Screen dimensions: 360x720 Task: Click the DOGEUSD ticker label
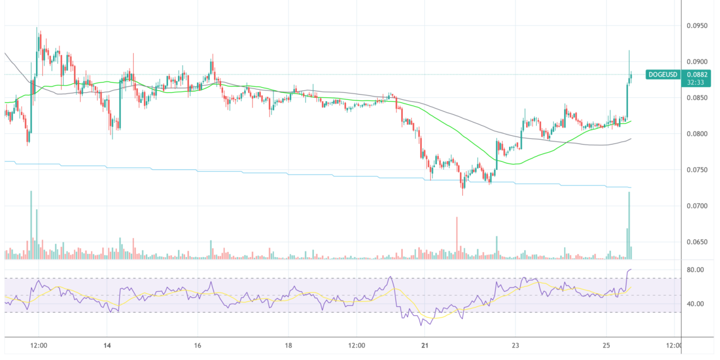pos(663,75)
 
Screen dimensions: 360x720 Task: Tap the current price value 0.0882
pos(697,75)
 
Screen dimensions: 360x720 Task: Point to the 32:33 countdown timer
pos(697,81)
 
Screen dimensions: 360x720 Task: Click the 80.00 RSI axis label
pos(696,270)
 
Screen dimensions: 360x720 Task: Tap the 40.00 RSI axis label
pos(696,304)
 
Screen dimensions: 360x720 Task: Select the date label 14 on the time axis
pos(107,345)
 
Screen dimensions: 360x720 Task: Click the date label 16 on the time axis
pos(198,345)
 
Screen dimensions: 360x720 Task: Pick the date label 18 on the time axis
pos(288,345)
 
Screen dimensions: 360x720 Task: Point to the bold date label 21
pos(425,345)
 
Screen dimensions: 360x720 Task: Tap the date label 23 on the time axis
pos(515,345)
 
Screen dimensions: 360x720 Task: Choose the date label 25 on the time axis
pos(606,345)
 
